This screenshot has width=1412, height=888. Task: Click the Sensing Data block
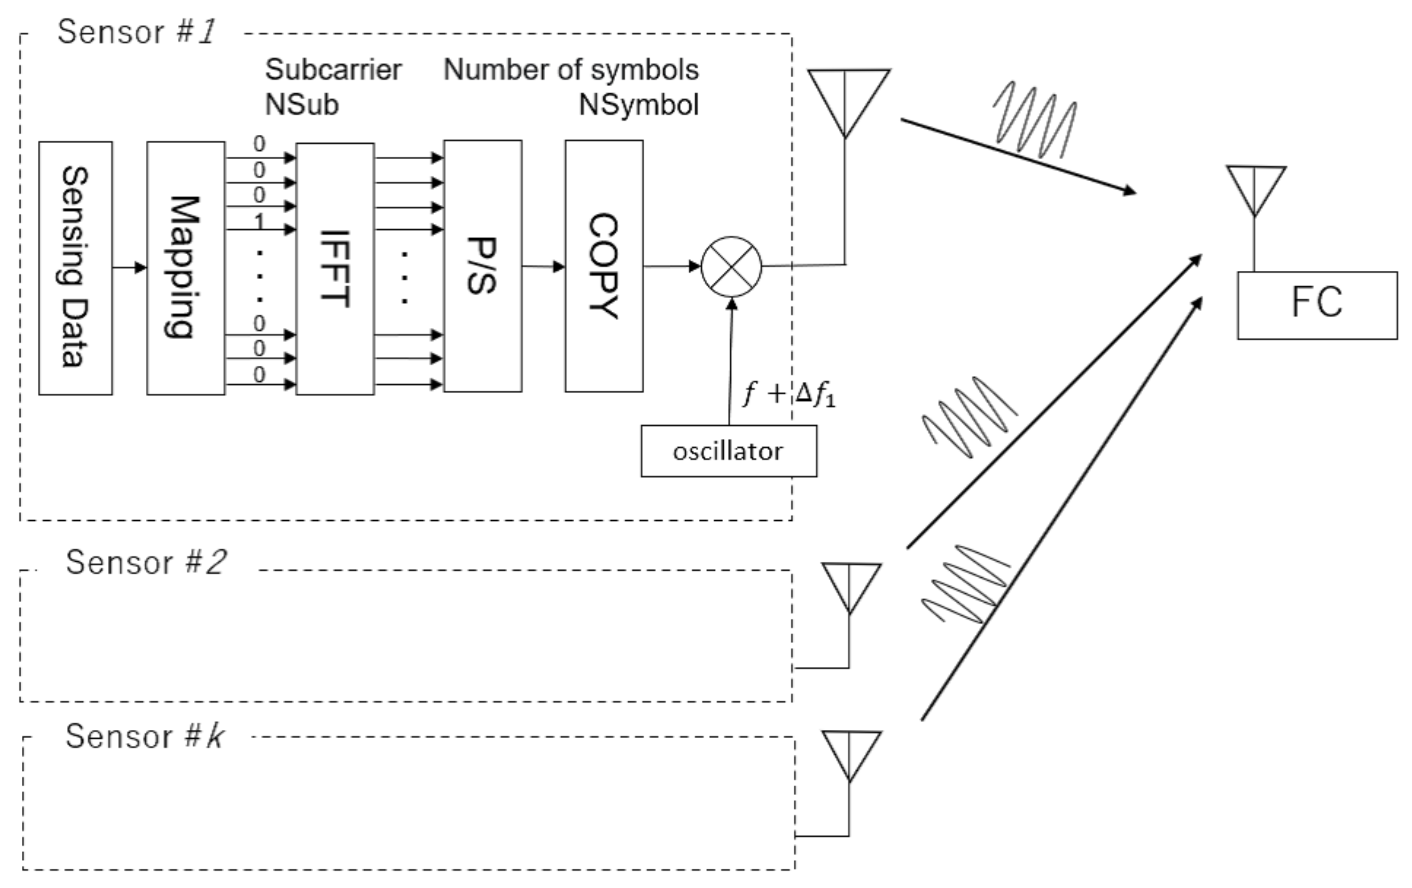tap(75, 268)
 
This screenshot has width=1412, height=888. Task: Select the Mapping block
tap(185, 268)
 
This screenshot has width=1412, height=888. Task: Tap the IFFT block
tap(335, 269)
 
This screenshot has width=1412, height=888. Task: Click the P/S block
tap(482, 266)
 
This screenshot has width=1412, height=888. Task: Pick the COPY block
tap(604, 266)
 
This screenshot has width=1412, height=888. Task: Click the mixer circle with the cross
tap(731, 267)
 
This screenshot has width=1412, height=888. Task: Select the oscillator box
tap(728, 451)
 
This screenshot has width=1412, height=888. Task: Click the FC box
tap(1317, 305)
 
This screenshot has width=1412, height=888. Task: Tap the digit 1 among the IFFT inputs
tap(259, 220)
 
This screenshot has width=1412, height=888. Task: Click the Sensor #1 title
tap(136, 32)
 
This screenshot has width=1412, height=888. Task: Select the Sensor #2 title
tap(145, 562)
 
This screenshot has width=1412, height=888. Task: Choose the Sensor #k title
tap(144, 736)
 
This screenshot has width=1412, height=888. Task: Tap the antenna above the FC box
tap(1255, 188)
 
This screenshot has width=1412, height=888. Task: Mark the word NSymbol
tap(639, 105)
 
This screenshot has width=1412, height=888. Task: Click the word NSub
tap(301, 105)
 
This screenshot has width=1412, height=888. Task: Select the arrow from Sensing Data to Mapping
tap(129, 268)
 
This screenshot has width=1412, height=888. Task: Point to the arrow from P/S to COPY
tap(543, 267)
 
